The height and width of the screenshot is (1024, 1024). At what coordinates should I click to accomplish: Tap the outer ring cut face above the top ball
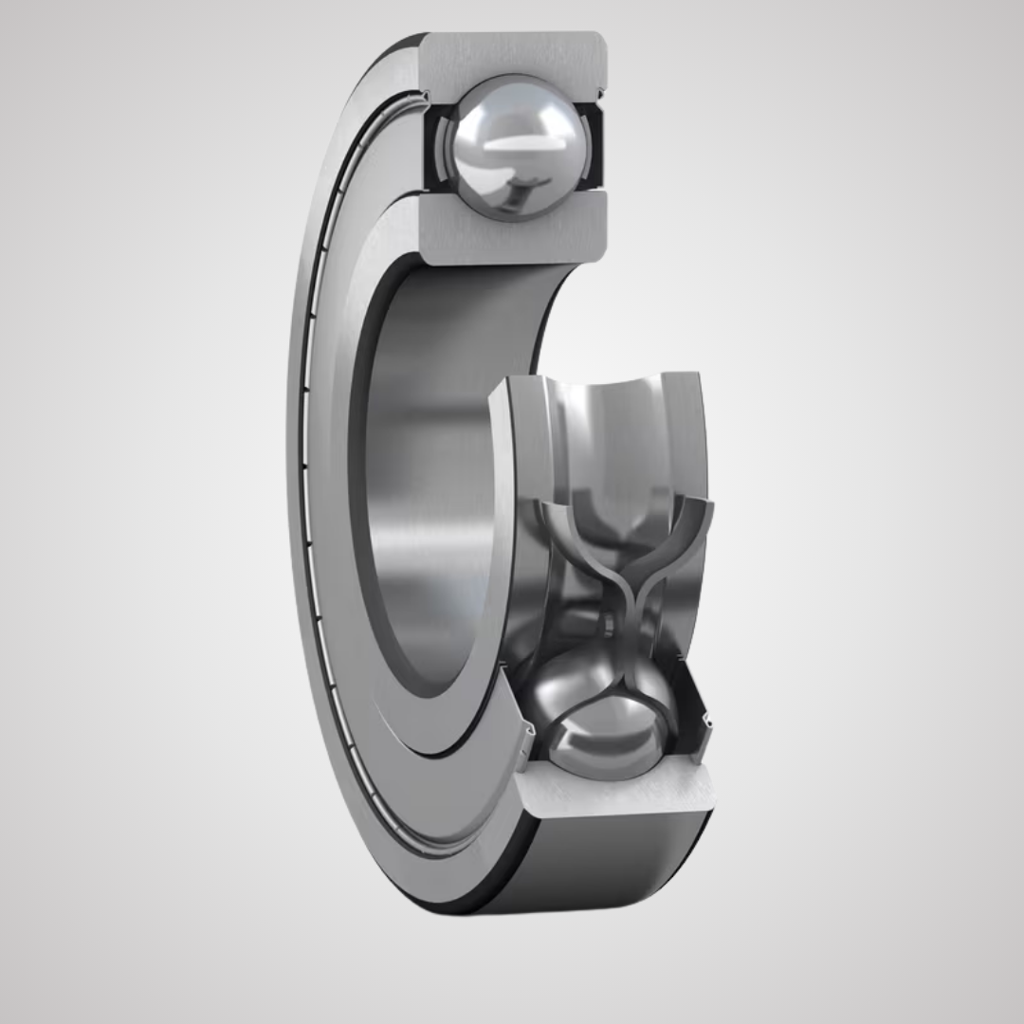coord(512,57)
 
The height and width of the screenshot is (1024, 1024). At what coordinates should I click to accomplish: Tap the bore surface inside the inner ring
coord(427,474)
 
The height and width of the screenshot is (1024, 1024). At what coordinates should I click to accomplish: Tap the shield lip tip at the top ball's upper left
coord(426,96)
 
